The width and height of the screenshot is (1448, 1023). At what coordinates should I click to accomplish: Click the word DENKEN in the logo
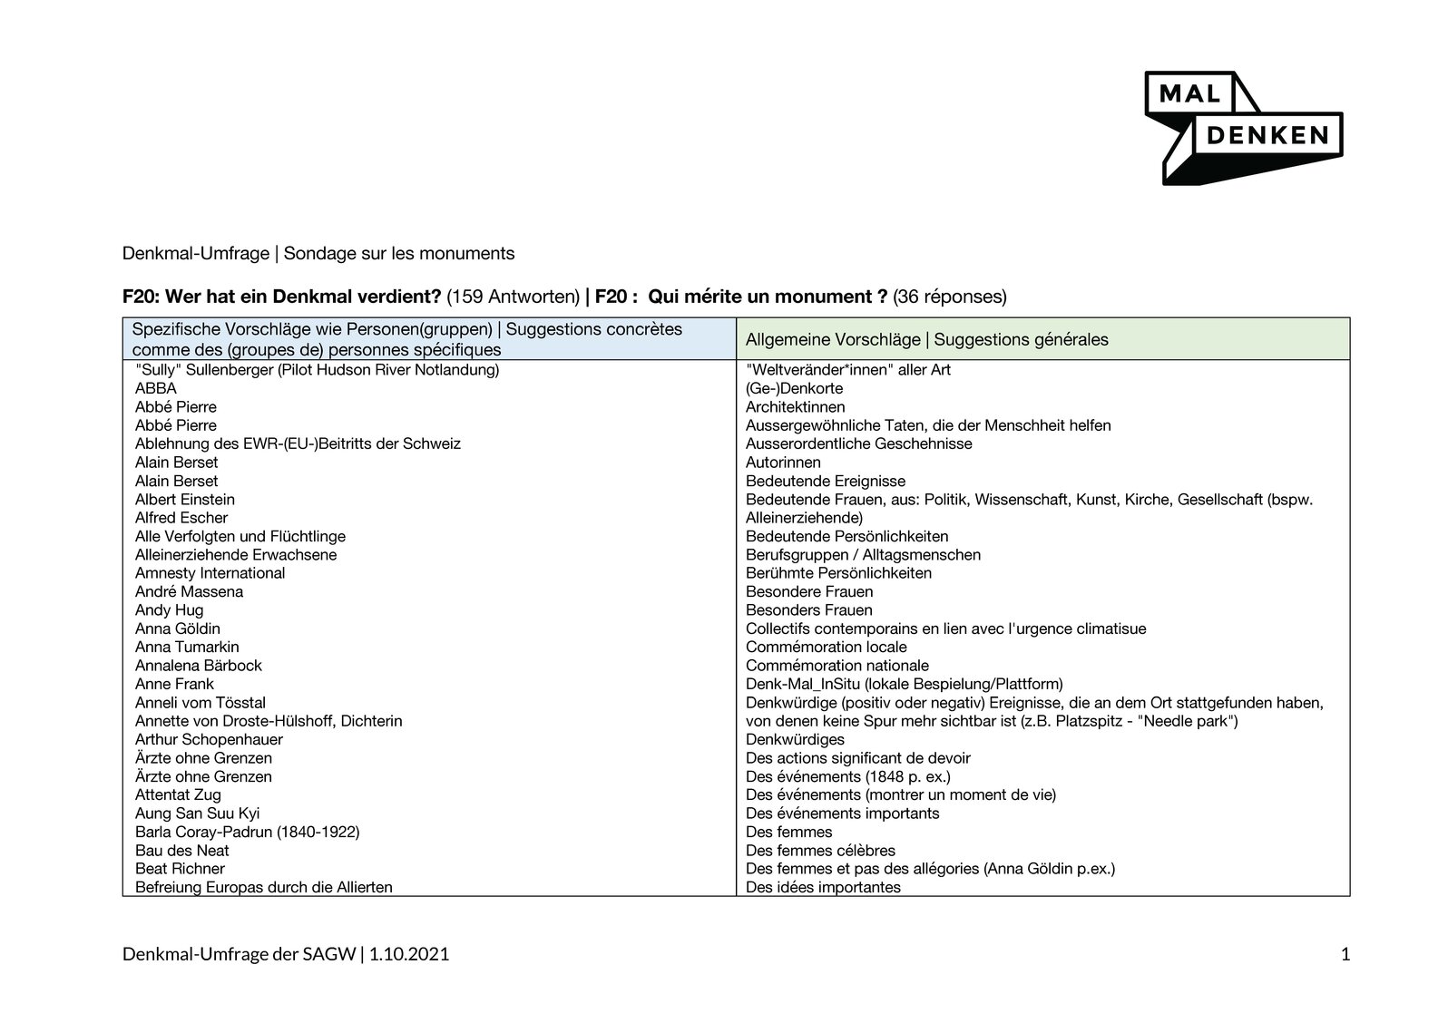[x=1266, y=136]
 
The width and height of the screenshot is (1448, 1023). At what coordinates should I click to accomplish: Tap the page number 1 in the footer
[x=1345, y=954]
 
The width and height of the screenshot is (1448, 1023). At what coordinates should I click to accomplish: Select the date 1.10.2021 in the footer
[x=409, y=954]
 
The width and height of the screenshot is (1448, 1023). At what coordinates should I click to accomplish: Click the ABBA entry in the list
[x=156, y=388]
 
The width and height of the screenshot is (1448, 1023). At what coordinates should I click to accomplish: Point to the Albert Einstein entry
[x=185, y=500]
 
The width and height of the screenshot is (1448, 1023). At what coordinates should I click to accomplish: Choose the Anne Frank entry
[x=174, y=684]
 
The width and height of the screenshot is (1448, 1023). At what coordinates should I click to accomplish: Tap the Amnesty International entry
[x=210, y=573]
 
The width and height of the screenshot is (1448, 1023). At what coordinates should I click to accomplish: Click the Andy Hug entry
[x=169, y=610]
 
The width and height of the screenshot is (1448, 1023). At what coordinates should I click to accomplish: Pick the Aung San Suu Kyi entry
[x=197, y=814]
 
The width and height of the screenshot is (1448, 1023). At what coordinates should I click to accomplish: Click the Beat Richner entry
[x=180, y=869]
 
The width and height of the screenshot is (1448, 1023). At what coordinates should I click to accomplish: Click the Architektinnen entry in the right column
[x=795, y=407]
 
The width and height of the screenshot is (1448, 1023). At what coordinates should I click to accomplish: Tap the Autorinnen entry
[x=783, y=463]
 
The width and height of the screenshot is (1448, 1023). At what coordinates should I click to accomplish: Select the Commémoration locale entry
[x=826, y=647]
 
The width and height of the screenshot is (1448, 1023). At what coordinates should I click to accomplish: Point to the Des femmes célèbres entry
[x=820, y=851]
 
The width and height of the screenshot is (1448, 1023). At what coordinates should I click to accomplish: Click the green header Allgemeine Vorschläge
[x=926, y=340]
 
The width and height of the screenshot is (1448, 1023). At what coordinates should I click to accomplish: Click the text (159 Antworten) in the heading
[x=513, y=297]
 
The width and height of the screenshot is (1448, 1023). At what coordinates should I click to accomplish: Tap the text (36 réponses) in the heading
[x=949, y=297]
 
